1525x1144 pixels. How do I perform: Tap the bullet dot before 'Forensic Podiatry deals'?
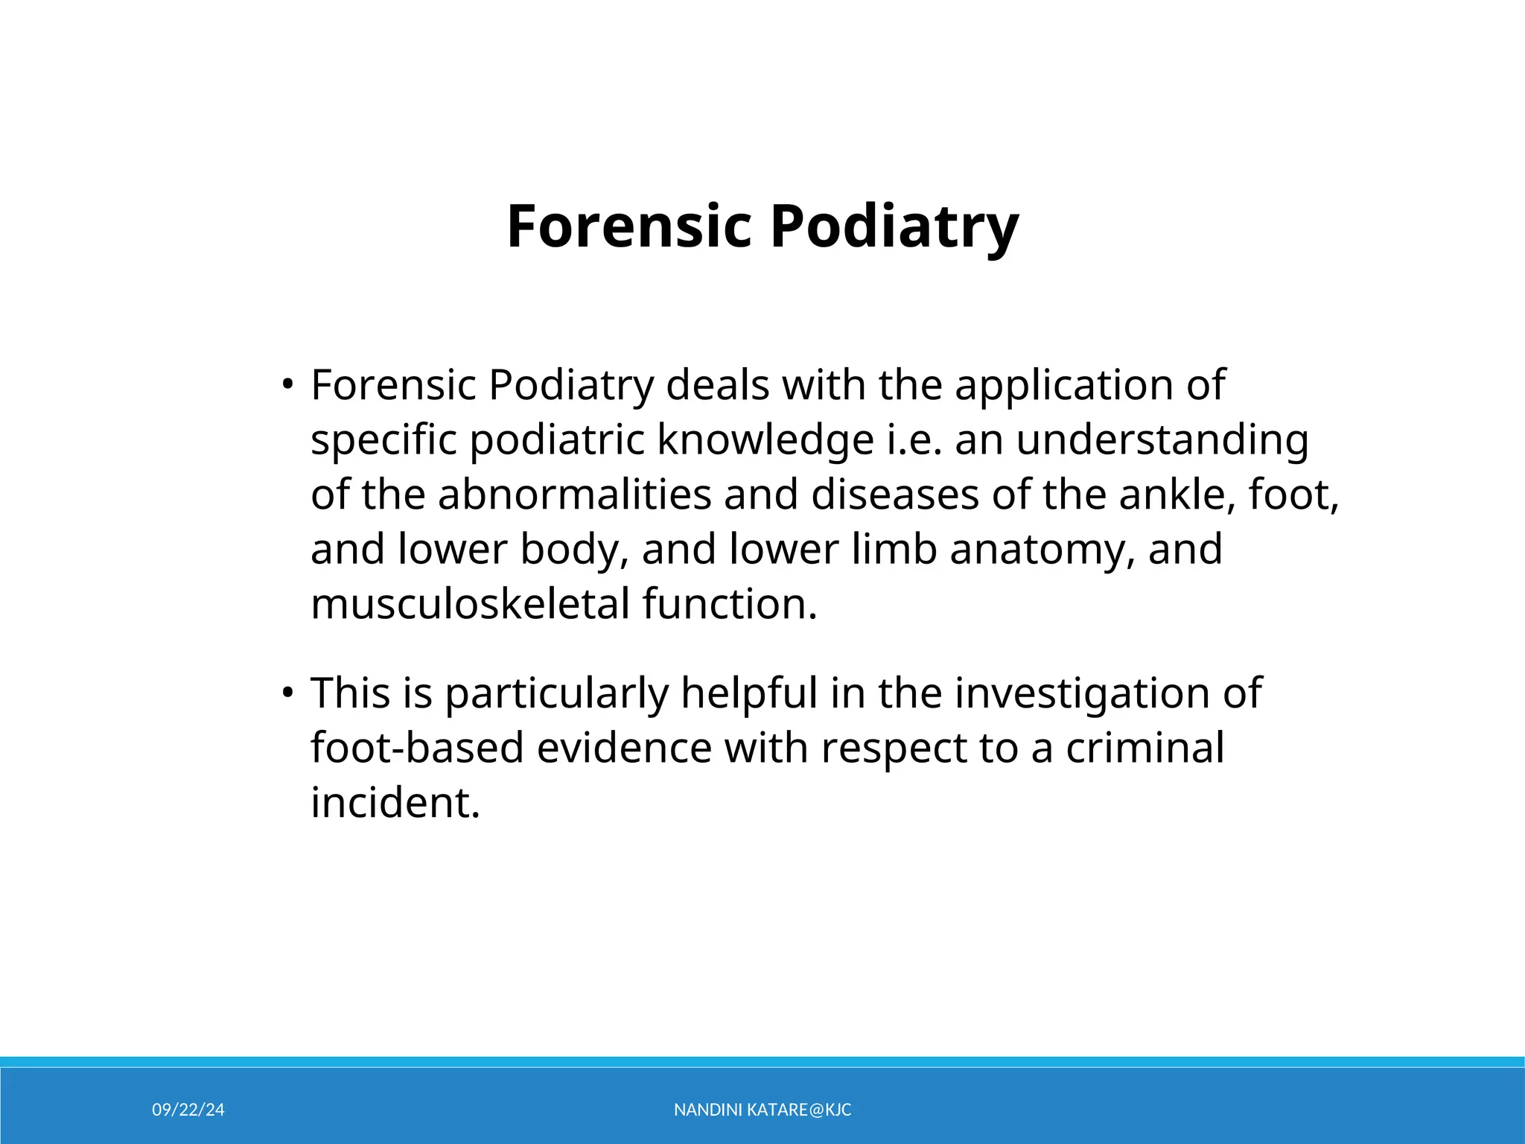click(287, 385)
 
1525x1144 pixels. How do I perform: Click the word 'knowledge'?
click(765, 439)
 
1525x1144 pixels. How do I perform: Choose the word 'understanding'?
click(1162, 439)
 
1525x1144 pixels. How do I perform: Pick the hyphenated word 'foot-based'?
click(418, 748)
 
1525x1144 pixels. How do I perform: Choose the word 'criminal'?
click(1144, 748)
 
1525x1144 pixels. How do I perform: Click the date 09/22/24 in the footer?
click(188, 1110)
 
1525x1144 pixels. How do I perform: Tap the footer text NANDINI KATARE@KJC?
click(762, 1110)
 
